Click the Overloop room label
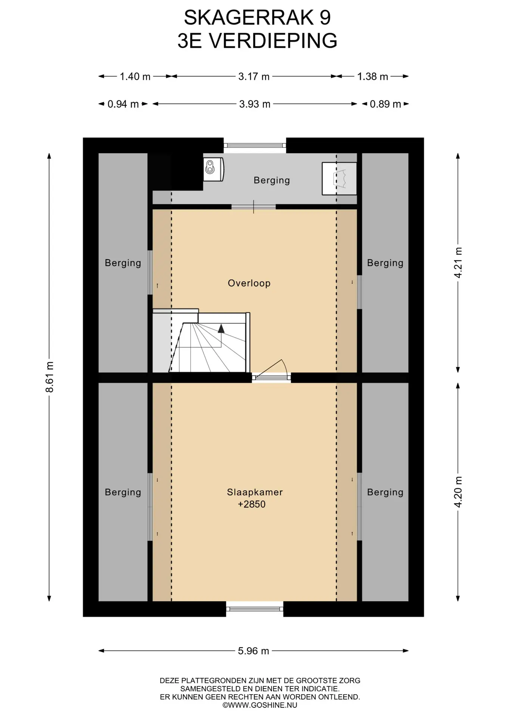(x=249, y=283)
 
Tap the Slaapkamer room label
(x=255, y=492)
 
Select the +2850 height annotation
(x=252, y=504)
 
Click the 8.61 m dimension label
(x=49, y=377)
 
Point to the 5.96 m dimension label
(x=253, y=651)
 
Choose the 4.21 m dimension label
(x=458, y=263)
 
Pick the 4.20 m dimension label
(x=458, y=492)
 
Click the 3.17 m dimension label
(x=254, y=77)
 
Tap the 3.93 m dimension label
(x=255, y=104)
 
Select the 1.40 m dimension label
(x=135, y=77)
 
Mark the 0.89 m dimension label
(x=385, y=104)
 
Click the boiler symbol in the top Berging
(x=214, y=170)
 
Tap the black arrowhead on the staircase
(x=221, y=329)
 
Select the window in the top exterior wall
(x=255, y=145)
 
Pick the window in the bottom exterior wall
(x=255, y=609)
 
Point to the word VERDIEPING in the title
(x=273, y=41)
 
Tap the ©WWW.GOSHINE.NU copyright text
(x=260, y=705)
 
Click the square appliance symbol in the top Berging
(x=339, y=179)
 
